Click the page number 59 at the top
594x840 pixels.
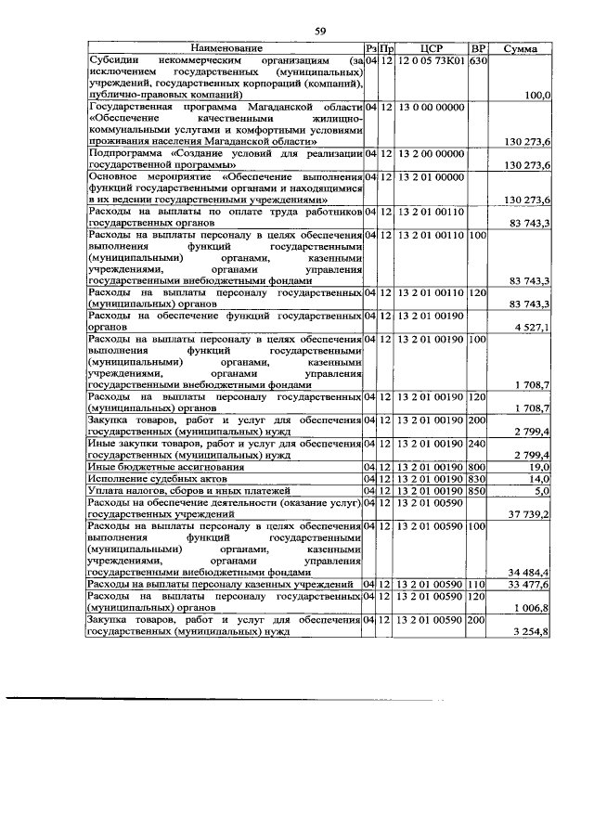point(320,32)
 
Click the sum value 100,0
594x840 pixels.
point(537,95)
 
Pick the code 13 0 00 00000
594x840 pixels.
point(430,108)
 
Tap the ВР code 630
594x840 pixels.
point(478,60)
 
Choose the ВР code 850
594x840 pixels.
point(478,489)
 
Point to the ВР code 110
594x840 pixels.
point(478,584)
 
